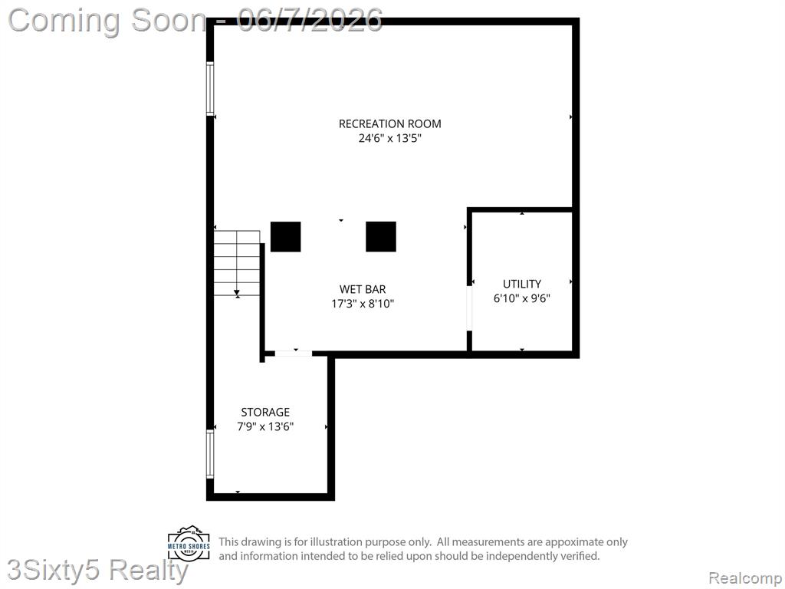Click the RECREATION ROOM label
pyautogui.click(x=390, y=123)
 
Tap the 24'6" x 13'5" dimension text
pyautogui.click(x=390, y=138)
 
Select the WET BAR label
pyautogui.click(x=363, y=289)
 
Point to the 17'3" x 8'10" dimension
pyautogui.click(x=363, y=304)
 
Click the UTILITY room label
pyautogui.click(x=521, y=284)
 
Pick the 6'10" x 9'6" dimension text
pyautogui.click(x=521, y=298)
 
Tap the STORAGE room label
pyautogui.click(x=265, y=412)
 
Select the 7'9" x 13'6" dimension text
pyautogui.click(x=265, y=426)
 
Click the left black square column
pyautogui.click(x=286, y=236)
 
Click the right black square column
pyautogui.click(x=381, y=236)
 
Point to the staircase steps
pyautogui.click(x=237, y=264)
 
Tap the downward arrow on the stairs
pyautogui.click(x=237, y=292)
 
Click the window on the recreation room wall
pyautogui.click(x=210, y=89)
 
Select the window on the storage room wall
pyautogui.click(x=210, y=454)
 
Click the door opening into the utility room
pyautogui.click(x=470, y=308)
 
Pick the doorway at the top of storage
pyautogui.click(x=294, y=354)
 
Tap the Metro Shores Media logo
pyautogui.click(x=189, y=544)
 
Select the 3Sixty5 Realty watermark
pyautogui.click(x=97, y=571)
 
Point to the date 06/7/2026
pyautogui.click(x=310, y=20)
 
